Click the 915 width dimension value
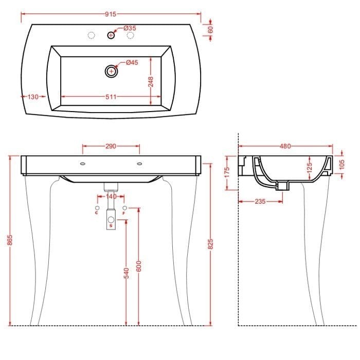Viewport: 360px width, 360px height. pyautogui.click(x=111, y=14)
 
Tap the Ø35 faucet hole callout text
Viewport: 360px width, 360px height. pyautogui.click(x=130, y=28)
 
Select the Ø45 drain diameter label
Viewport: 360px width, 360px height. pyautogui.click(x=132, y=62)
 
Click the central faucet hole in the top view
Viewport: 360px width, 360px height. pyautogui.click(x=111, y=35)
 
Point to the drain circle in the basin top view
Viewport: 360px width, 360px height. pyautogui.click(x=112, y=71)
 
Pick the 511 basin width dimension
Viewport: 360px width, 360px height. pyautogui.click(x=111, y=97)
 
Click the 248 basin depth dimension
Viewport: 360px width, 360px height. pyautogui.click(x=151, y=82)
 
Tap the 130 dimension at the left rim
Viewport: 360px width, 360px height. pyautogui.click(x=33, y=97)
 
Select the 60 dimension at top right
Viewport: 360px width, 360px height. pyautogui.click(x=210, y=29)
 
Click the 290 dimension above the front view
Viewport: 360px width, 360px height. pyautogui.click(x=111, y=146)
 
